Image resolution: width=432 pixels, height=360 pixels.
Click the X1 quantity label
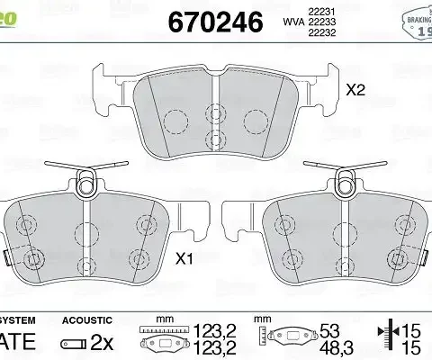tap(184, 260)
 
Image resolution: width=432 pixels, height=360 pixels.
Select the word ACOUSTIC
tap(86, 320)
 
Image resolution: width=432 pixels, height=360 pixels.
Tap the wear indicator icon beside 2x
tap(72, 343)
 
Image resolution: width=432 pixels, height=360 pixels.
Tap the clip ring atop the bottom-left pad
tap(86, 185)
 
